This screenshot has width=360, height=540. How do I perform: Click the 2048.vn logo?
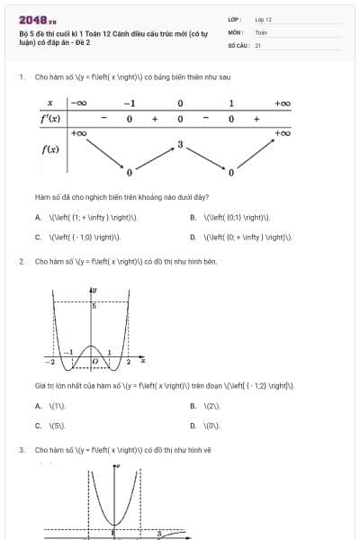tap(37, 19)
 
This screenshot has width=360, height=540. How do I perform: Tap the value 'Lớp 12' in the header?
tap(263, 19)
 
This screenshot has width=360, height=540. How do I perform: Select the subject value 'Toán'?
tap(261, 31)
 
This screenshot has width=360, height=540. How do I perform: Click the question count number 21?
tap(258, 44)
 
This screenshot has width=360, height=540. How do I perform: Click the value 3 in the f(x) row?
tap(180, 144)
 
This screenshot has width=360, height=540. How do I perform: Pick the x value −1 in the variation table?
tap(130, 103)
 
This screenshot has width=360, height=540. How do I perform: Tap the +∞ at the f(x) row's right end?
tap(283, 133)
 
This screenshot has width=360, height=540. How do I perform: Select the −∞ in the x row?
tap(79, 103)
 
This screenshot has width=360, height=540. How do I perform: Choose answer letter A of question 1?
tap(38, 217)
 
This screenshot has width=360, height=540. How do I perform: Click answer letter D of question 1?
tap(193, 238)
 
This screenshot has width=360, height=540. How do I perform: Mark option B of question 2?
tap(193, 406)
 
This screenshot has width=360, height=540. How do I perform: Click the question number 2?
tap(21, 261)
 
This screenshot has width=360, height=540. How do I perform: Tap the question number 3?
tap(21, 448)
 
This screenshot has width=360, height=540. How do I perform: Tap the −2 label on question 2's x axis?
tap(51, 361)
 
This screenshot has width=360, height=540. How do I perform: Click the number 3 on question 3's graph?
tap(159, 533)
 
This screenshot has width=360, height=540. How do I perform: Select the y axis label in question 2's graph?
tap(95, 290)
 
